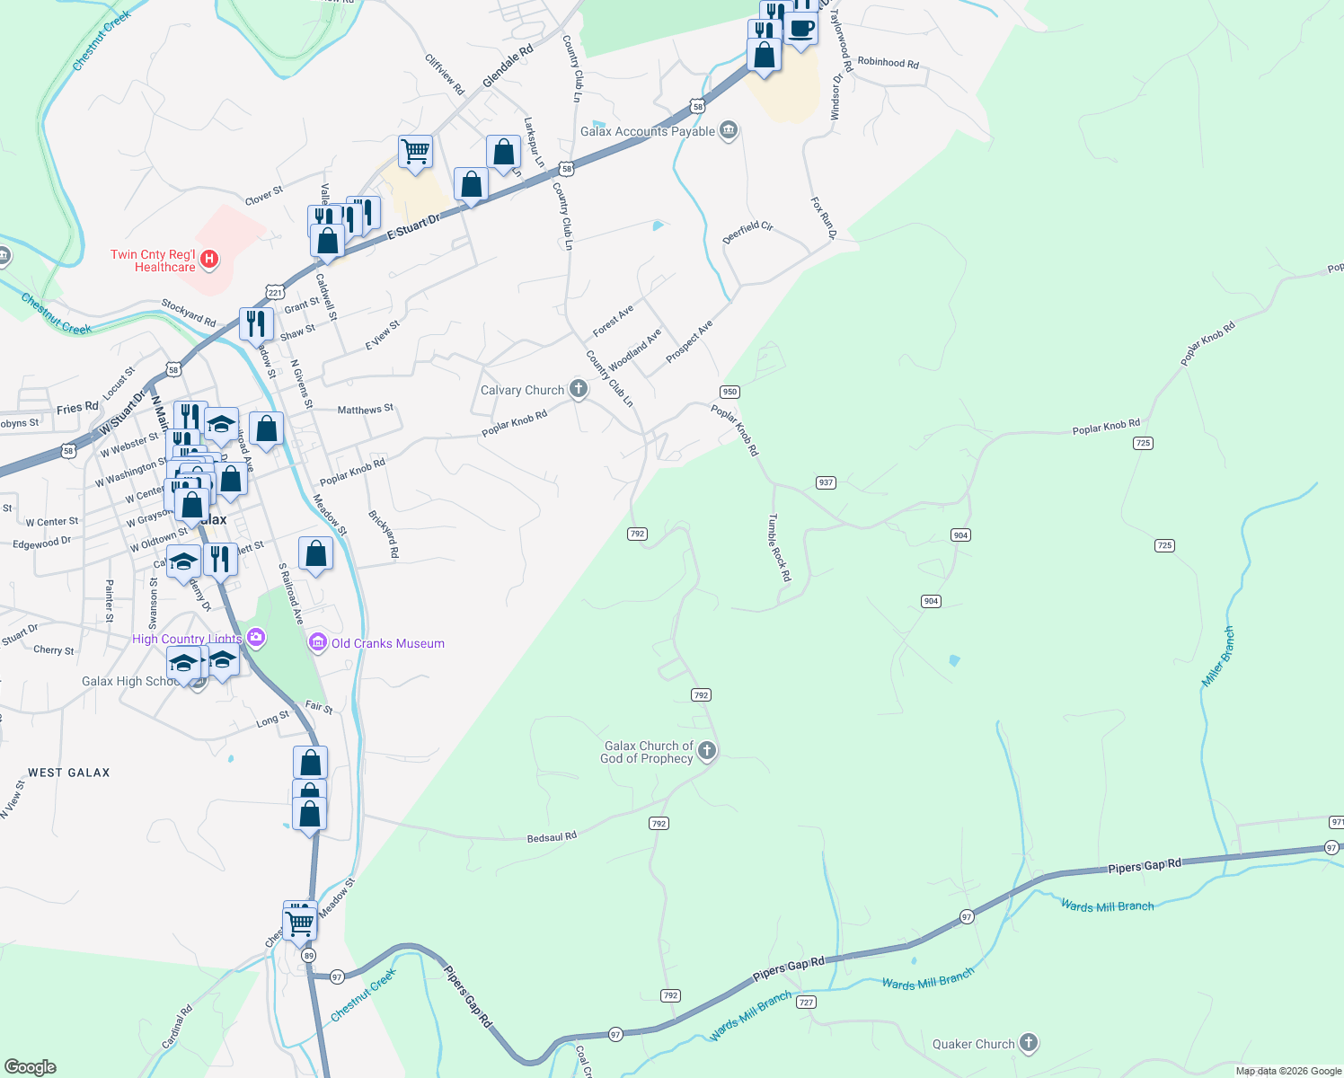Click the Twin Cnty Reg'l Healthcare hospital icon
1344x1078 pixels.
click(209, 260)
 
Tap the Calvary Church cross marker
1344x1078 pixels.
click(579, 389)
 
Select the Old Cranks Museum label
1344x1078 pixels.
click(387, 643)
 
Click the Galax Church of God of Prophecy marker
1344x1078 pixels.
click(707, 750)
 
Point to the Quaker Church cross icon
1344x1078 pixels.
click(1029, 1043)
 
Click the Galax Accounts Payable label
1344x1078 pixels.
click(647, 131)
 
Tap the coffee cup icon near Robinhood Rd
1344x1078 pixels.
click(800, 29)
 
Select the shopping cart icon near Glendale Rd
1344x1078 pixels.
click(415, 152)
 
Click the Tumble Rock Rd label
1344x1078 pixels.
click(779, 547)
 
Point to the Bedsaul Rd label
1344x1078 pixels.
click(552, 837)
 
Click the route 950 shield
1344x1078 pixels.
click(729, 392)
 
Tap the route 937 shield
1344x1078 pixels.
click(827, 482)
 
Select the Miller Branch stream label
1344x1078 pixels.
click(1218, 658)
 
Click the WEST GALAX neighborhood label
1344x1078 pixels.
click(69, 773)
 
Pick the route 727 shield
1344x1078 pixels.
click(806, 1002)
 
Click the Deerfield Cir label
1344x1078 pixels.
click(747, 233)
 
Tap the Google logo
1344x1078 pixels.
click(31, 1066)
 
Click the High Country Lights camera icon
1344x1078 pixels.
click(256, 638)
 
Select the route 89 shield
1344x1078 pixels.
click(309, 956)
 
